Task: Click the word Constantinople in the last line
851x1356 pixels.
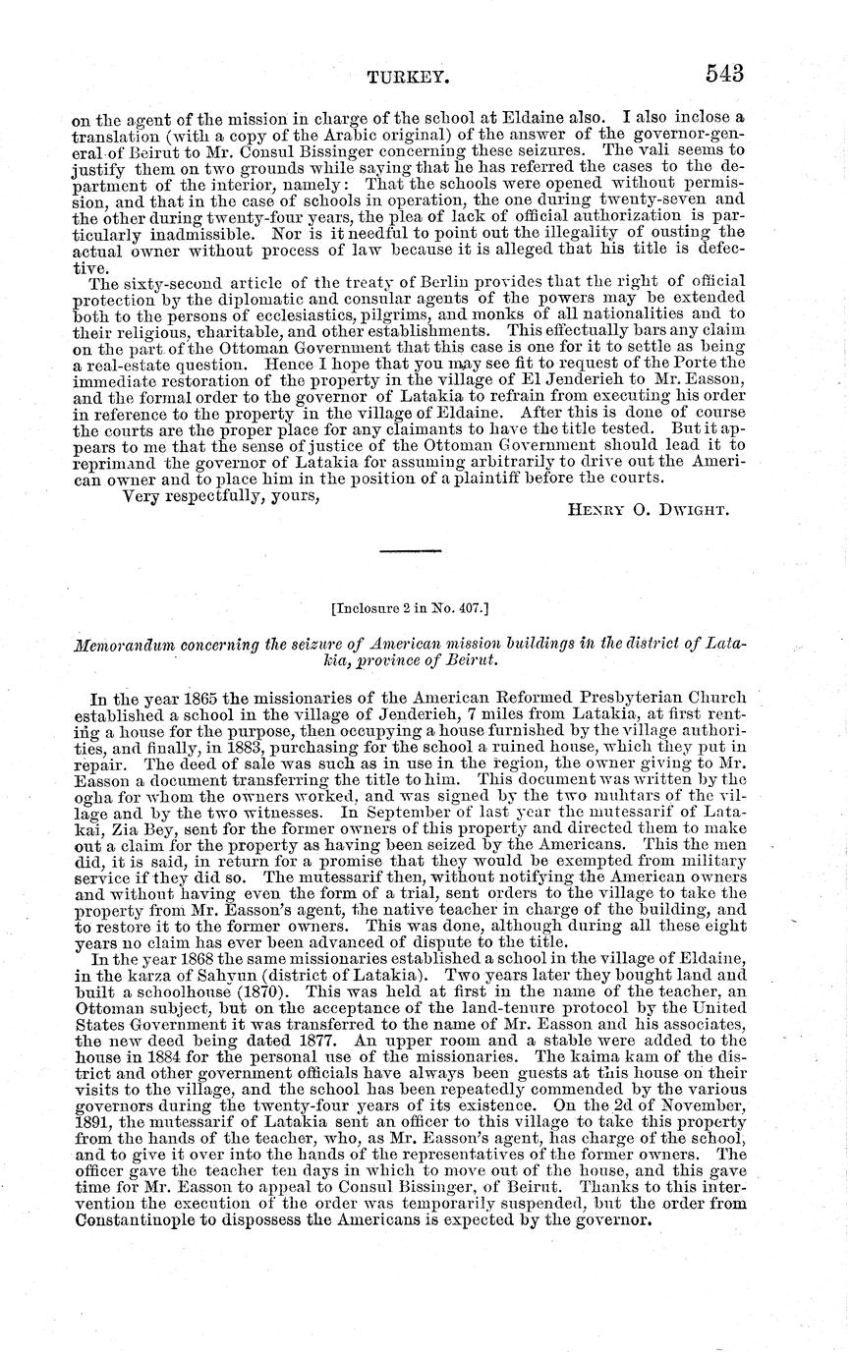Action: coord(139,1220)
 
